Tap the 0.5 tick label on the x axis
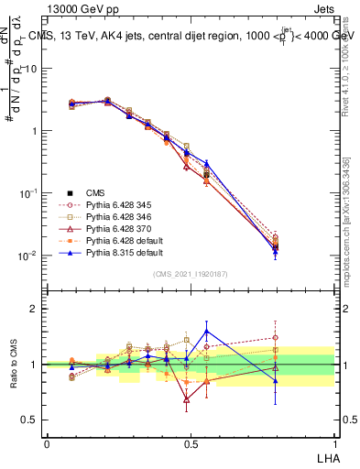[190, 442]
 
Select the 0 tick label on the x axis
[47, 442]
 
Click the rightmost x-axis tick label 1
[333, 442]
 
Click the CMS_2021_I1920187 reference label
[190, 273]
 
